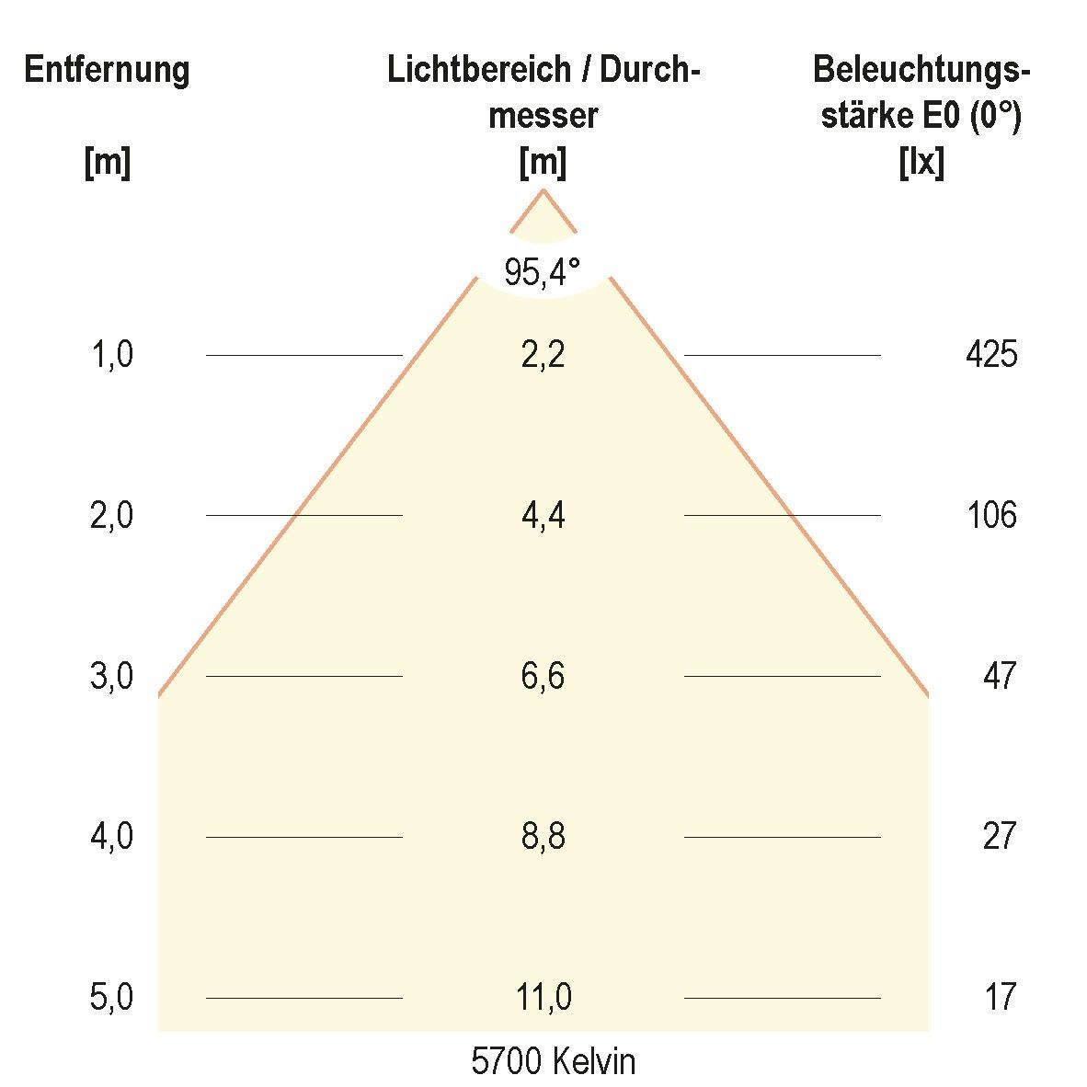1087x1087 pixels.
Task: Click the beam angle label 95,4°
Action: pyautogui.click(x=543, y=272)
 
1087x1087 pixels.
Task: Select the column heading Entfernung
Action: pyautogui.click(x=107, y=71)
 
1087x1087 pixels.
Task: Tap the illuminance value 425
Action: pyautogui.click(x=991, y=354)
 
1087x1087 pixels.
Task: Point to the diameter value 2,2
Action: pyautogui.click(x=543, y=354)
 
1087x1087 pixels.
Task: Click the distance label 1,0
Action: pyautogui.click(x=112, y=354)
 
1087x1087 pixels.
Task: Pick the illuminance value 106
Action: pyautogui.click(x=991, y=515)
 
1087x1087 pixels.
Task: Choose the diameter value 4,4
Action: pyautogui.click(x=543, y=515)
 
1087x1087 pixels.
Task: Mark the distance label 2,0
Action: pyautogui.click(x=112, y=515)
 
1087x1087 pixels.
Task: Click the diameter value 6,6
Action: pyautogui.click(x=543, y=676)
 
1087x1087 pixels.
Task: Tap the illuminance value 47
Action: pyautogui.click(x=999, y=676)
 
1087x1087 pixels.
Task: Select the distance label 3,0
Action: pyautogui.click(x=112, y=676)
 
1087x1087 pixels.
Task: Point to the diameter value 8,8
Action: pyautogui.click(x=543, y=837)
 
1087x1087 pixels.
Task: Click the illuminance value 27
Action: pyautogui.click(x=999, y=837)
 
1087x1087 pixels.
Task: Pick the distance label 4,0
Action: pyautogui.click(x=112, y=837)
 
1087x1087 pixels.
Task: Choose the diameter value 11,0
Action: pyautogui.click(x=543, y=997)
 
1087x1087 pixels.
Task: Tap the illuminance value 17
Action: pyautogui.click(x=1000, y=997)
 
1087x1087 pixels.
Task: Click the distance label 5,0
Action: pyautogui.click(x=112, y=997)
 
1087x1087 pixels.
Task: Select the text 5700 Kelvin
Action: pyautogui.click(x=553, y=1062)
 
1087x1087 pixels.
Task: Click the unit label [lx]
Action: pyautogui.click(x=921, y=164)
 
